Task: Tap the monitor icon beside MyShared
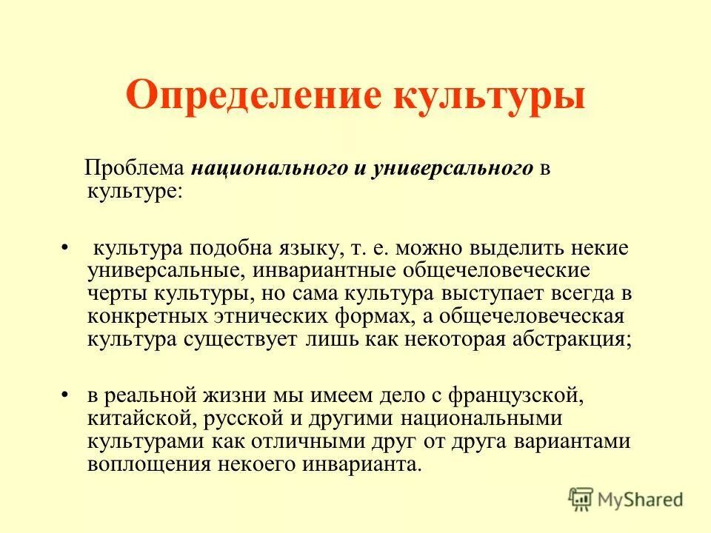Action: click(581, 500)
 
